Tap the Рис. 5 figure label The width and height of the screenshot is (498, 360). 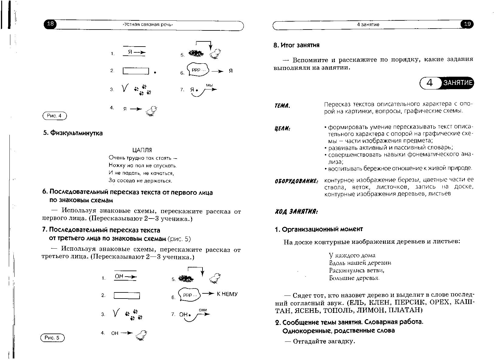click(52, 338)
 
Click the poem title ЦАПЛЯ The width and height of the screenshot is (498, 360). click(142, 150)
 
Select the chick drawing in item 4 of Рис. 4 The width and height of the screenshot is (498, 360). click(151, 111)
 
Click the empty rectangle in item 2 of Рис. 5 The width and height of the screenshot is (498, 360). click(127, 295)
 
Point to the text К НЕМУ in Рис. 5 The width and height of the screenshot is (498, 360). click(227, 294)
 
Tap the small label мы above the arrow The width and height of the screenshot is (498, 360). click(209, 85)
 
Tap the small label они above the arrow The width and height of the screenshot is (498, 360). click(203, 310)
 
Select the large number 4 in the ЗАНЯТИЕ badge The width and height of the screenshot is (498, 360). click(430, 83)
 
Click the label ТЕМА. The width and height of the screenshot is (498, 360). click(282, 106)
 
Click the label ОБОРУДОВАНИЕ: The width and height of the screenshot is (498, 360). click(296, 181)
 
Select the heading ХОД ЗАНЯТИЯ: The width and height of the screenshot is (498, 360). click(296, 211)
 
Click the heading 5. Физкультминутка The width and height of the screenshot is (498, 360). click(73, 133)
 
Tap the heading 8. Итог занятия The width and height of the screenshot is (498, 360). click(296, 45)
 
